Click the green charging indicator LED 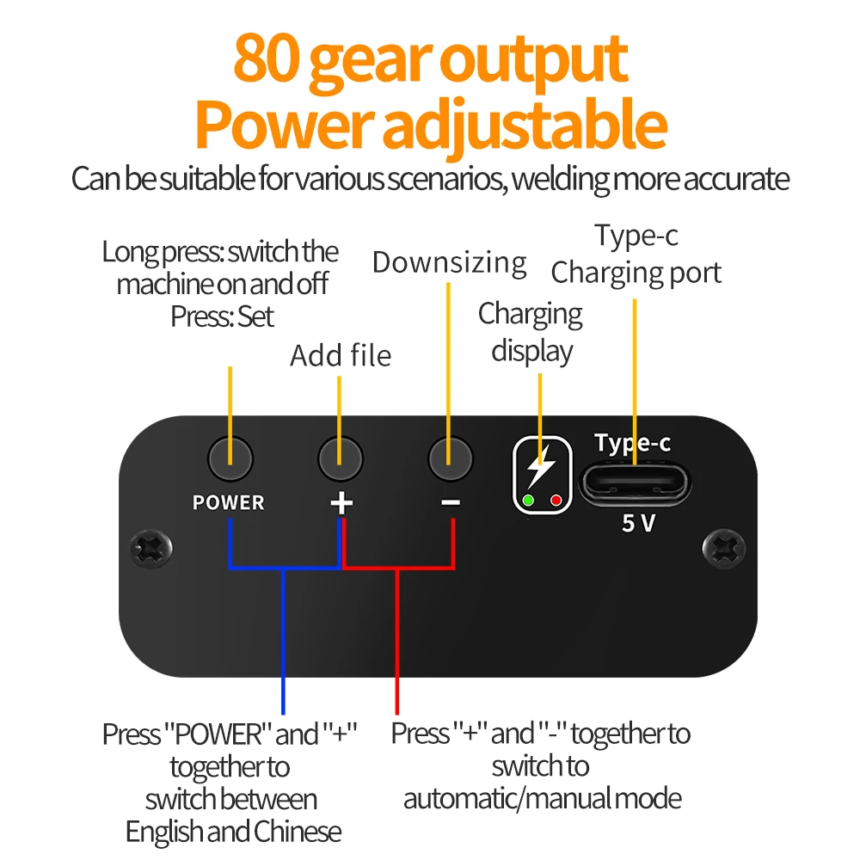pos(528,500)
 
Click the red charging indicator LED pos(556,500)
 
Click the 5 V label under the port pos(638,523)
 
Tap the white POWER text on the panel pos(229,503)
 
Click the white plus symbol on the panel pos(341,502)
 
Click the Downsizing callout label pos(449,262)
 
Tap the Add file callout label pos(341,354)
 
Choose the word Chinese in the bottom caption pos(297,832)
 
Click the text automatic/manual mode pos(543,798)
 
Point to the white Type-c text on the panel pos(633,443)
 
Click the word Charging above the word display pos(531,314)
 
